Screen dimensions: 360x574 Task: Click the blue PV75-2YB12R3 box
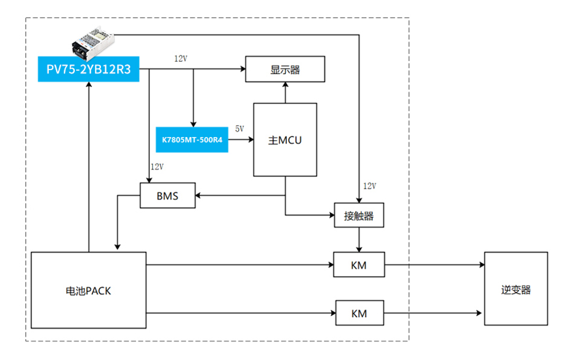[89, 69]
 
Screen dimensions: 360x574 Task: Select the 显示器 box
[285, 69]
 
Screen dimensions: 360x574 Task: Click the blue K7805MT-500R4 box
[192, 140]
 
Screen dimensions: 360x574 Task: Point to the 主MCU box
[285, 140]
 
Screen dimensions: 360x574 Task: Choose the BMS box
[167, 196]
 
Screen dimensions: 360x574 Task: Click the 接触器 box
[359, 216]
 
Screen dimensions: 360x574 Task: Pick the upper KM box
[359, 265]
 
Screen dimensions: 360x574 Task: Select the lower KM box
[359, 313]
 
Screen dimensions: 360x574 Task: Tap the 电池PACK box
[88, 291]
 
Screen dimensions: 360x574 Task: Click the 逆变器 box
[515, 289]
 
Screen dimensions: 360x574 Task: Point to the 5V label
[239, 129]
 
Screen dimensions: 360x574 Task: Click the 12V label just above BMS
[156, 166]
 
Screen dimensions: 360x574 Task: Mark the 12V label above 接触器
[369, 185]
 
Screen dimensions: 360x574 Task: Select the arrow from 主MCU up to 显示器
[285, 92]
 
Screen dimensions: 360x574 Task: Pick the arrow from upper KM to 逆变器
[435, 265]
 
